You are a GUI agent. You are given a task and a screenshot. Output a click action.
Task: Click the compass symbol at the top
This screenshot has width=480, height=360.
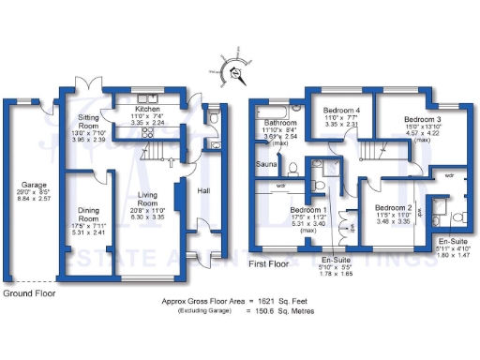click(x=235, y=70)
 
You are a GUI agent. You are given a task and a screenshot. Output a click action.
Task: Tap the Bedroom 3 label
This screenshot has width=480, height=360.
click(x=423, y=119)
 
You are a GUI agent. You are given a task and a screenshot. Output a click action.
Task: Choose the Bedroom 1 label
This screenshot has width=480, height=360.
click(x=308, y=209)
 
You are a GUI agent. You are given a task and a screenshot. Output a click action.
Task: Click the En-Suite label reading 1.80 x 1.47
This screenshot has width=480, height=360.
click(x=455, y=241)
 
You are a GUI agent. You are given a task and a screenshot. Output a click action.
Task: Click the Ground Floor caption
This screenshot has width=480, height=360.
click(x=28, y=293)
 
